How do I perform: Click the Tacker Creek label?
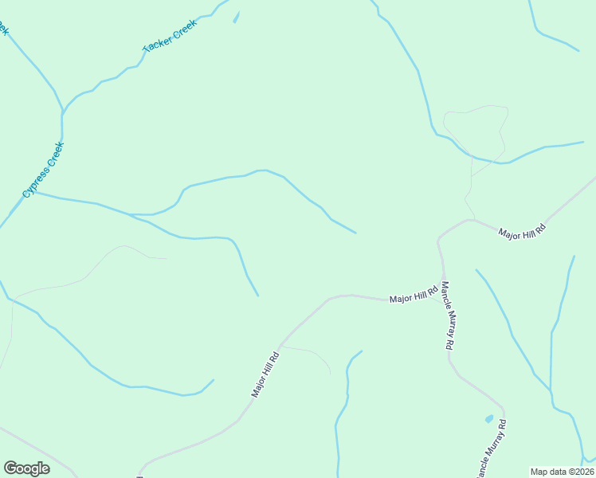click(169, 36)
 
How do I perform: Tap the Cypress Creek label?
click(42, 170)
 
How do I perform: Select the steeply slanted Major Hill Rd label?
click(265, 374)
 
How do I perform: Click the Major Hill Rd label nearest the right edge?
click(523, 232)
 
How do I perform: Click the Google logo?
click(26, 468)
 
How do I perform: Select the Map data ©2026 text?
click(563, 471)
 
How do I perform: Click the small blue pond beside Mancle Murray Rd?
click(488, 418)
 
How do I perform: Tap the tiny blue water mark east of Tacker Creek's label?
click(236, 18)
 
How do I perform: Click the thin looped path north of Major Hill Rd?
click(476, 131)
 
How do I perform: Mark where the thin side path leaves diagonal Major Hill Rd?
click(280, 346)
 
